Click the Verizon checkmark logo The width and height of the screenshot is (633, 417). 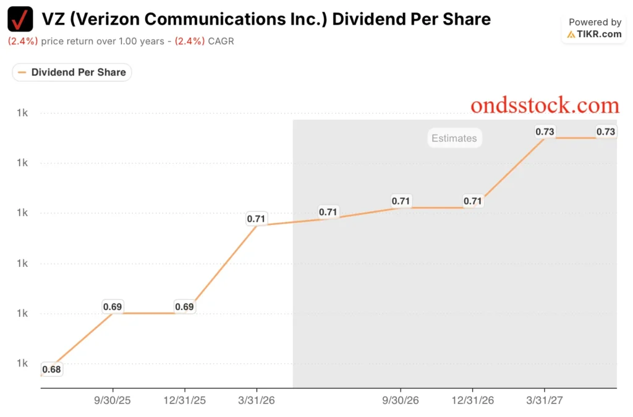20,19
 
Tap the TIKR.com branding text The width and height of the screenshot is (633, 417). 595,34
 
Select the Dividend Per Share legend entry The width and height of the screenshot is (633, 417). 72,72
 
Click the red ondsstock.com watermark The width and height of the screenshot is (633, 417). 545,105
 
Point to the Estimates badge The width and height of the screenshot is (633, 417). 454,138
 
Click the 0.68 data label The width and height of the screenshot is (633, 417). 51,369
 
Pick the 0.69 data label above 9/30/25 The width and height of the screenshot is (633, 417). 113,306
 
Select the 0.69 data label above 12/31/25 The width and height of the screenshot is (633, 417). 184,306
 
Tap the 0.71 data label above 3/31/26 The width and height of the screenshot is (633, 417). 256,219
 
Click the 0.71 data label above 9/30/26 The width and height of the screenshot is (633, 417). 401,201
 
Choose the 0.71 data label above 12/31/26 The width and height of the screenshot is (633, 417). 473,201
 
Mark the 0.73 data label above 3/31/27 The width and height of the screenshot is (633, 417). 545,132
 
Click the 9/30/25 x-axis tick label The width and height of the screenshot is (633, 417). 113,400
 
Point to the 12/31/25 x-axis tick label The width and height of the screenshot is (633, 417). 184,400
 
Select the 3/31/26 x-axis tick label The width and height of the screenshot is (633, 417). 257,400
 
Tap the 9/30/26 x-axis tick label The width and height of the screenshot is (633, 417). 401,400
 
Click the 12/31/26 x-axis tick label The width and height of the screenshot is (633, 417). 473,400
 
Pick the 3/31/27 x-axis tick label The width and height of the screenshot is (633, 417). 545,400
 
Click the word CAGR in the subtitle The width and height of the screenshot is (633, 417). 221,41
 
